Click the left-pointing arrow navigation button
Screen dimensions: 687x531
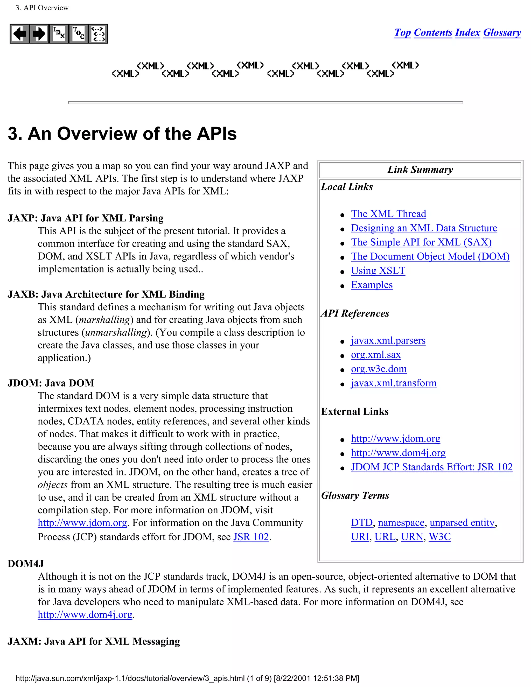[x=20, y=34]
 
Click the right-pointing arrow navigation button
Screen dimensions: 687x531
[x=39, y=34]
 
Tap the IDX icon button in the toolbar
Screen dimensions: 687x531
[x=59, y=34]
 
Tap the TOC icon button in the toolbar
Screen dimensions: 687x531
[x=78, y=34]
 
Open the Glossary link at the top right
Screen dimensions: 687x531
[x=502, y=32]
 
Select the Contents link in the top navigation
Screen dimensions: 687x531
[x=433, y=32]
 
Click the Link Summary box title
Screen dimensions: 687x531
[x=420, y=170]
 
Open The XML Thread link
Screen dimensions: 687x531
[x=388, y=214]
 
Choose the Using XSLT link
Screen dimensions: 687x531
[x=378, y=271]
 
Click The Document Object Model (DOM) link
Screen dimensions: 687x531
[x=430, y=257]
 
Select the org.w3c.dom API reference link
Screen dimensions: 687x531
[x=379, y=369]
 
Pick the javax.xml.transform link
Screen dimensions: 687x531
[x=394, y=383]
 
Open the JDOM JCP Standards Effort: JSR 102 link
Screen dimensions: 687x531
[x=432, y=467]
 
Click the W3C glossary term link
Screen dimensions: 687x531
[x=439, y=537]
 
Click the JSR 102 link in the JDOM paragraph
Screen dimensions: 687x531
[x=251, y=537]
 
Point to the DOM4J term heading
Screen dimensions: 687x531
[x=26, y=564]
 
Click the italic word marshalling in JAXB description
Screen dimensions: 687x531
[x=104, y=320]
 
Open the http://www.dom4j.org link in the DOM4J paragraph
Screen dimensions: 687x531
[x=85, y=614]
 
